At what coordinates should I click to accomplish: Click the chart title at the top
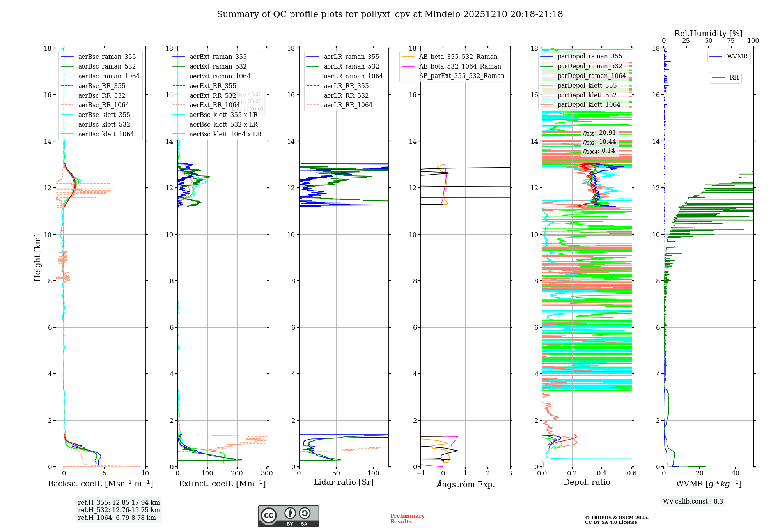tap(390, 14)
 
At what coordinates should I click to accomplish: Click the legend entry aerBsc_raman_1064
tap(108, 76)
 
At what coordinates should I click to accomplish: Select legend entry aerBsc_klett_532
tap(104, 124)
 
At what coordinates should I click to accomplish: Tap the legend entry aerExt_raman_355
tap(218, 57)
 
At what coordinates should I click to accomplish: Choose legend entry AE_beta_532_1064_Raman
tap(460, 66)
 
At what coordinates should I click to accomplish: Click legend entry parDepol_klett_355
tap(587, 85)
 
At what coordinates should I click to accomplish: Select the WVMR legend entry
tap(737, 57)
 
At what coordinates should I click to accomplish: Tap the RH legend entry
tap(734, 78)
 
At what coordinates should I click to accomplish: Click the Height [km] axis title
tap(37, 258)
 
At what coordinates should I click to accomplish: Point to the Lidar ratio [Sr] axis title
tap(344, 482)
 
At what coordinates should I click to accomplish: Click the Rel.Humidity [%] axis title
tap(708, 34)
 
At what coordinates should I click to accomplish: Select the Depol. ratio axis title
tap(587, 482)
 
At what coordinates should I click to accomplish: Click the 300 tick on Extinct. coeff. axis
tap(267, 473)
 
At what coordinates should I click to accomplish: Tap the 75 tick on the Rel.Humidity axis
tap(730, 41)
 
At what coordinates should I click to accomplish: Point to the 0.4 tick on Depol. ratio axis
tap(602, 473)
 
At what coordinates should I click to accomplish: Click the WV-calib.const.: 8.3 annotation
tap(693, 502)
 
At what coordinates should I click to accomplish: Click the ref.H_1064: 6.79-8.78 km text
tap(117, 518)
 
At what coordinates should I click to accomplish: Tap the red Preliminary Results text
tap(407, 519)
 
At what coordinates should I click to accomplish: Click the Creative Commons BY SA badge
tap(288, 516)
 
